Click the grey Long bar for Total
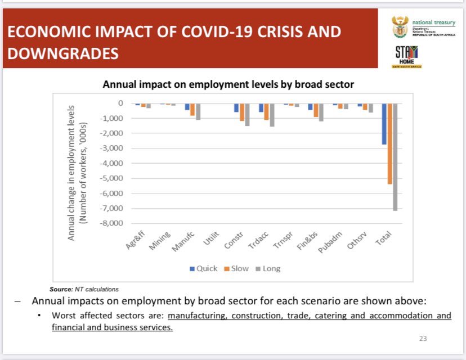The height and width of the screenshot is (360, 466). (395, 157)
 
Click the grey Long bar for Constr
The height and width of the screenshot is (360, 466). (247, 114)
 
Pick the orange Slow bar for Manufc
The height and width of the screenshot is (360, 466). (192, 110)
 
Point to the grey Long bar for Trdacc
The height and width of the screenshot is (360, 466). (272, 115)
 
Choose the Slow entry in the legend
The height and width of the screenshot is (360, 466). (236, 268)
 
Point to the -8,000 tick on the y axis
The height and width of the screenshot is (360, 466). (111, 223)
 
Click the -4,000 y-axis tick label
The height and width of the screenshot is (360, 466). (111, 163)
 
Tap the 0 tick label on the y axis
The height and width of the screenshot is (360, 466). (120, 103)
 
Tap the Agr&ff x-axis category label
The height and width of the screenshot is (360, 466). (137, 240)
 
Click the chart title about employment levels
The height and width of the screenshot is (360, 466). (228, 85)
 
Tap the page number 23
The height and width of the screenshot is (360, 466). (423, 339)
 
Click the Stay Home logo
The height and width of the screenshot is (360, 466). (406, 57)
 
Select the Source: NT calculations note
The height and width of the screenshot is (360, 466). (84, 289)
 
